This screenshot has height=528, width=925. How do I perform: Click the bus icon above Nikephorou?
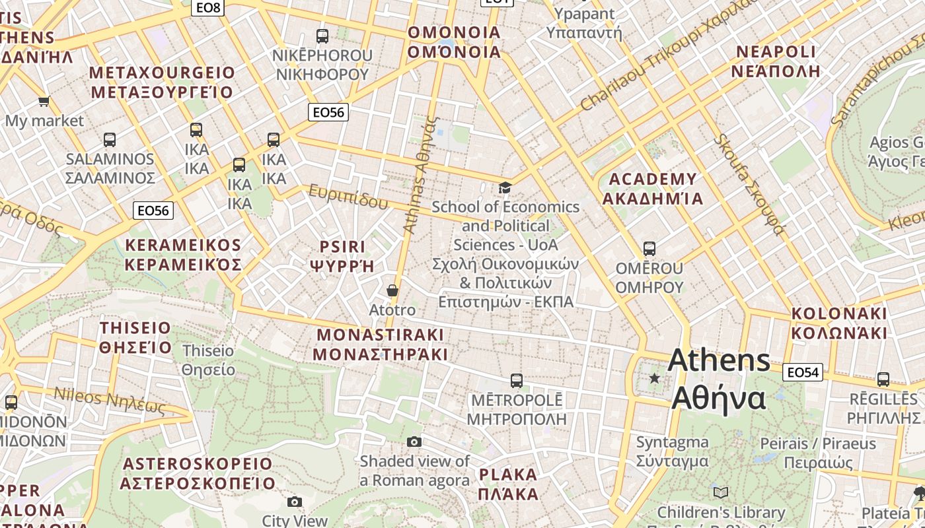point(322,36)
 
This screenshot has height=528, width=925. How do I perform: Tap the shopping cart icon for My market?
point(44,102)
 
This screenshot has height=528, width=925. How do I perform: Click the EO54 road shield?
point(803,372)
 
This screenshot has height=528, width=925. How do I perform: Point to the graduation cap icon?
point(505,188)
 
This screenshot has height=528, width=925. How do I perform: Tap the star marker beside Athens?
point(654,378)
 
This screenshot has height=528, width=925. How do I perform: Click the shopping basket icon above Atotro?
point(392,290)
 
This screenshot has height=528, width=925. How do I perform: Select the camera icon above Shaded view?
point(414,442)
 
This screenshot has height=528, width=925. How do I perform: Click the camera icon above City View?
point(295,502)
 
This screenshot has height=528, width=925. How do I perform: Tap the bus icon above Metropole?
point(517,381)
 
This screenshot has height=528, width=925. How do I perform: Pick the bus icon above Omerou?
point(649,249)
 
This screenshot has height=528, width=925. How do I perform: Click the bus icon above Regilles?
point(883,379)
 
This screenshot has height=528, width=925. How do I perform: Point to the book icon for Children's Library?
point(721,492)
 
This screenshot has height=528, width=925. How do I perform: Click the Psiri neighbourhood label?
point(342,256)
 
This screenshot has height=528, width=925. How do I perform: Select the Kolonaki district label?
point(839,322)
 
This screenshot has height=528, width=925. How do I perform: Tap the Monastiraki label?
point(381,344)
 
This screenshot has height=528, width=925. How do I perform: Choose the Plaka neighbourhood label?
point(508,484)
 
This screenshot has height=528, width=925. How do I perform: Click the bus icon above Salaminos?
point(110,140)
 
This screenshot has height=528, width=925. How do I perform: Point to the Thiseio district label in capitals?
point(135,337)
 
